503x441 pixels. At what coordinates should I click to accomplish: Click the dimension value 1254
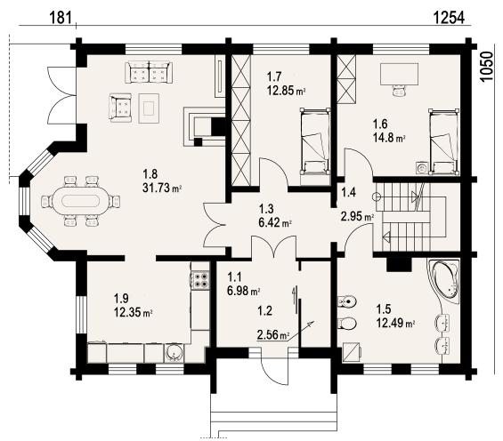tap(449, 18)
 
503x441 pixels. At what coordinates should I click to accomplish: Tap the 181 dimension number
tap(61, 18)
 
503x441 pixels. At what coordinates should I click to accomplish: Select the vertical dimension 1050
tap(486, 66)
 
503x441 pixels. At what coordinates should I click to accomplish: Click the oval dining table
tap(80, 202)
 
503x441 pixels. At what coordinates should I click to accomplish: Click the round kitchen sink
tap(174, 353)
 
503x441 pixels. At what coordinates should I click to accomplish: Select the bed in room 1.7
tap(314, 141)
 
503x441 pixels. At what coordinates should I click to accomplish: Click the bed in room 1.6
tap(443, 142)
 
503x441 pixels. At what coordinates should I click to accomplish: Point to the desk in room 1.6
tap(399, 75)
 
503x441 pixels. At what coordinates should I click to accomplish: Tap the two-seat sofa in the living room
tap(149, 72)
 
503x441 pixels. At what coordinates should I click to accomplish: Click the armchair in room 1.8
tap(120, 108)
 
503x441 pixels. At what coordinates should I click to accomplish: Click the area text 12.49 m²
tap(395, 323)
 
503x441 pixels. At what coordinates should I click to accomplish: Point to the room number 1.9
tap(121, 298)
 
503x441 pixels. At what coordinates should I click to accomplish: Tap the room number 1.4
tap(348, 192)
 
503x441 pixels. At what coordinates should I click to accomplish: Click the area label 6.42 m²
tap(275, 222)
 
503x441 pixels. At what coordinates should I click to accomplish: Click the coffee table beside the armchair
tap(149, 108)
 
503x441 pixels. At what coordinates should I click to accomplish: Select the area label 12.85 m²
tap(286, 91)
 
